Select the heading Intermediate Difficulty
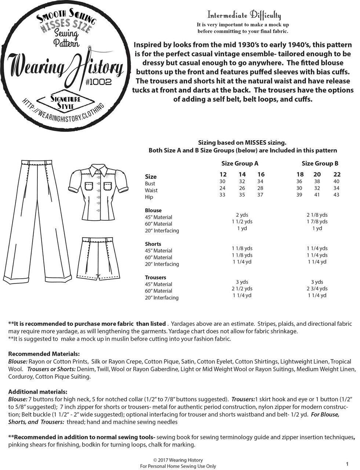(x=244, y=15)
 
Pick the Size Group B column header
(x=320, y=163)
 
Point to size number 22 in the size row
(x=337, y=174)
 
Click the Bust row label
(x=150, y=184)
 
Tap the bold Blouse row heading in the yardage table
(x=153, y=210)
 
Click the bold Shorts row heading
(x=153, y=244)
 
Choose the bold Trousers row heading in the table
(x=156, y=278)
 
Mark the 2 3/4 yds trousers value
(x=317, y=289)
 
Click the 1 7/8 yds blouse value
(x=317, y=221)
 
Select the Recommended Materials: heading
(x=44, y=354)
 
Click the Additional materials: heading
(x=37, y=392)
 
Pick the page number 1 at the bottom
(x=347, y=464)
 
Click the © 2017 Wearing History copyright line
(x=178, y=460)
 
